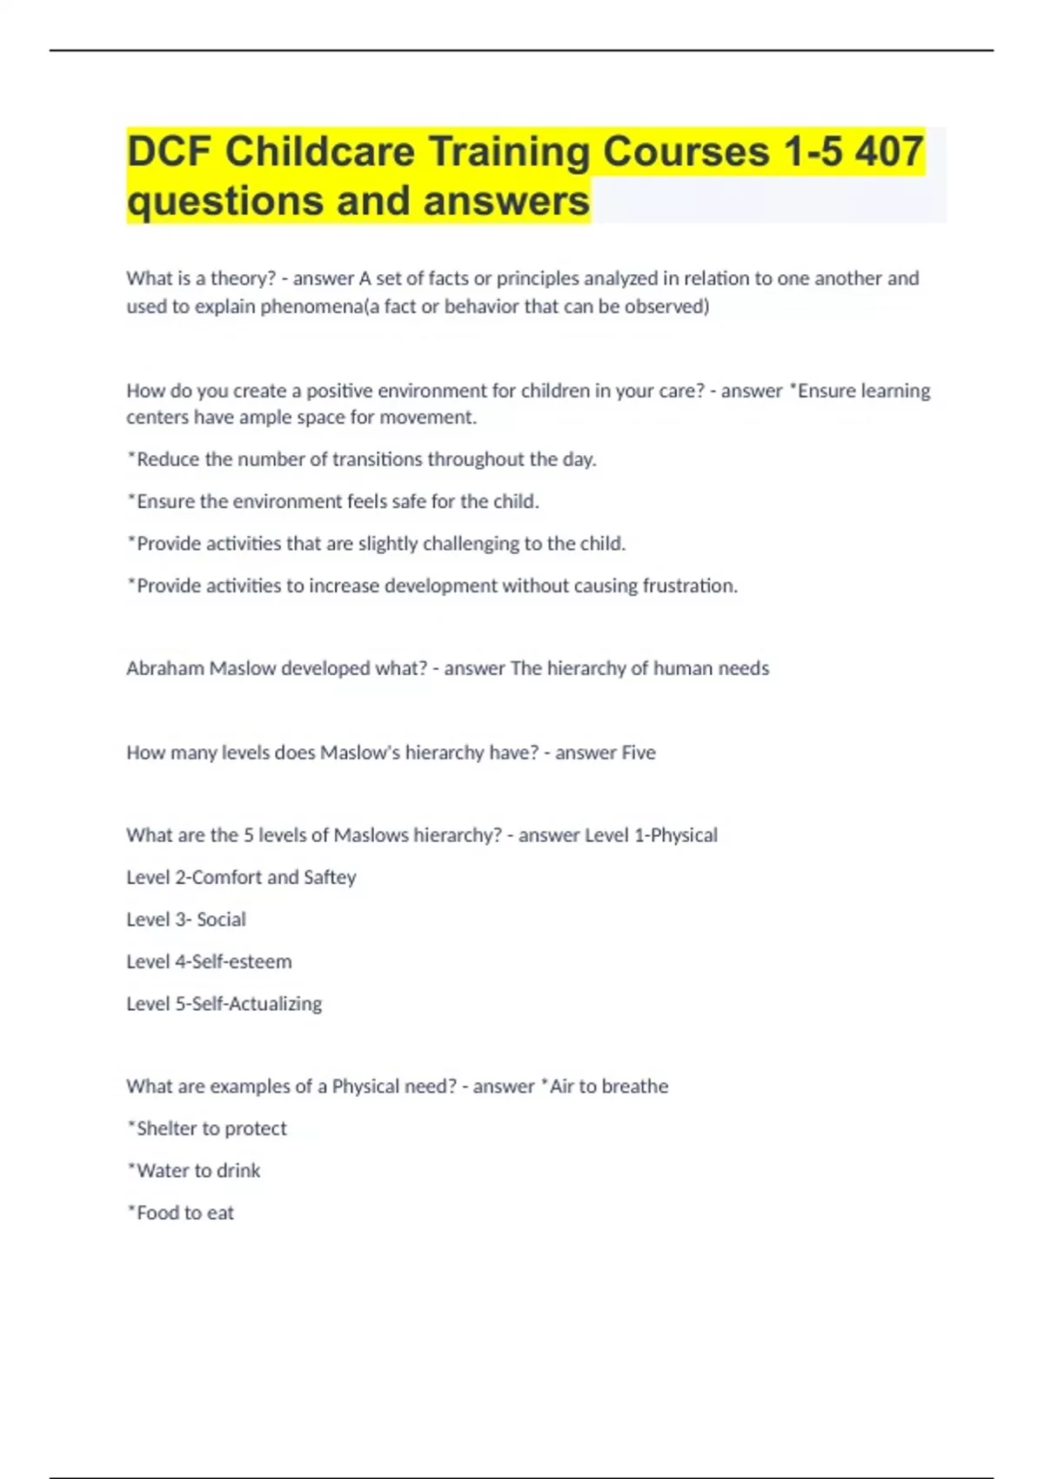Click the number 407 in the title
click(x=888, y=151)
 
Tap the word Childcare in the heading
click(x=320, y=151)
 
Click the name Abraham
click(x=165, y=668)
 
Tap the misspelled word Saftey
click(x=330, y=877)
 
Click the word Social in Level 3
click(x=221, y=920)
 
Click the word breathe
click(x=635, y=1086)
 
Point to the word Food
click(x=157, y=1213)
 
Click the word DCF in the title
click(x=169, y=151)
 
